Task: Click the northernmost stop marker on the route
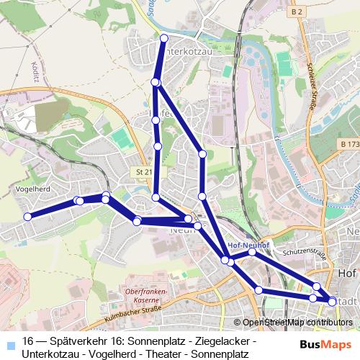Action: tap(164, 37)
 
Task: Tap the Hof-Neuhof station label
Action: tap(248, 243)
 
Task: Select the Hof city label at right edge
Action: tap(348, 274)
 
